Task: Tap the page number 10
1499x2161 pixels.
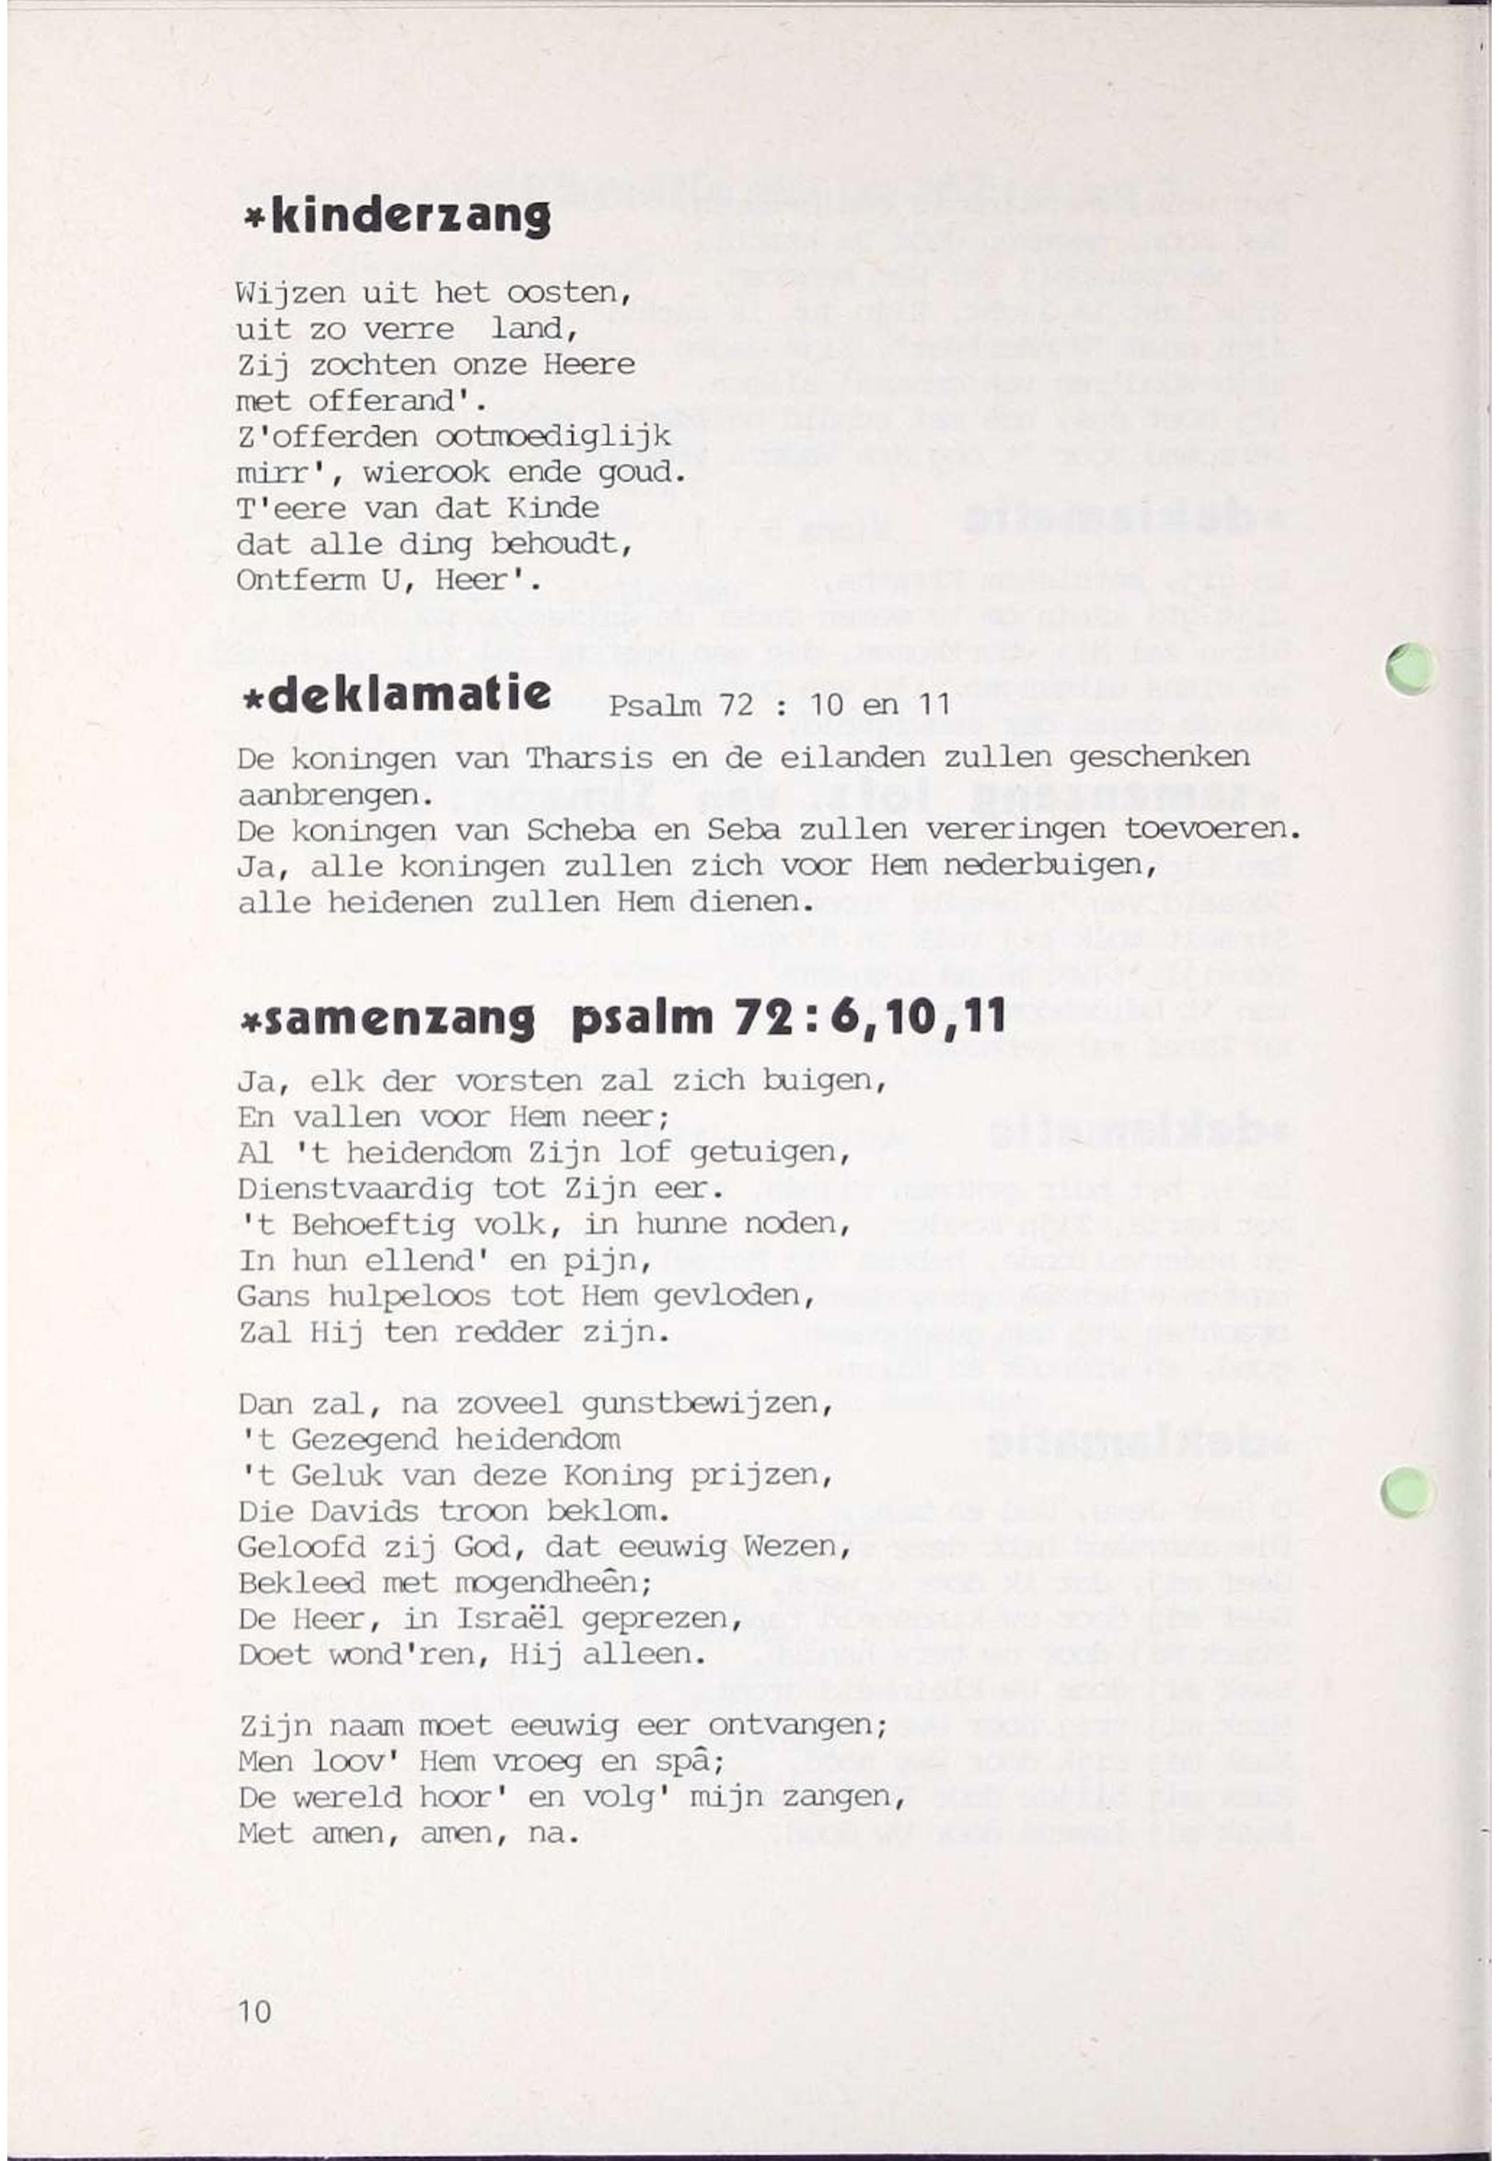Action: (x=253, y=2011)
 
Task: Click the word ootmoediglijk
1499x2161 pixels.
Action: (x=553, y=437)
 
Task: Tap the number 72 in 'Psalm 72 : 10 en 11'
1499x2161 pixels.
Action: (x=735, y=704)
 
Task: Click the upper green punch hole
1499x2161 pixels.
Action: (x=1411, y=669)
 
